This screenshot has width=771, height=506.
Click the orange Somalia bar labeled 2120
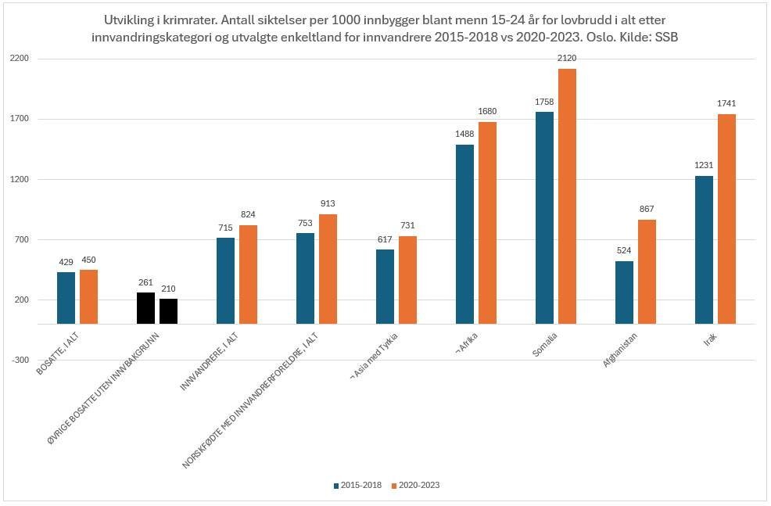coord(567,196)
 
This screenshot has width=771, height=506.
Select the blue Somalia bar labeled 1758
coord(544,217)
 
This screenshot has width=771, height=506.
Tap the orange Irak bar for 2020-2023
coord(726,219)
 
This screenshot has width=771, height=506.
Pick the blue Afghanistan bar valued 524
coord(624,292)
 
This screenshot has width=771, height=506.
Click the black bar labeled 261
coord(145,308)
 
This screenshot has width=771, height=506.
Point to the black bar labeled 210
coord(168,311)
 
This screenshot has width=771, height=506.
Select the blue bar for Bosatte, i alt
coord(66,298)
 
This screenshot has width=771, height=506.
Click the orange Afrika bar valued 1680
coord(487,223)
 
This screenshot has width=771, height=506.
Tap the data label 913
coord(327,204)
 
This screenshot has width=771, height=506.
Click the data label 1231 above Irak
coord(704,166)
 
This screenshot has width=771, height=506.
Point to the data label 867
coord(646,210)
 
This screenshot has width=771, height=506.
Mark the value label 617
coord(385,239)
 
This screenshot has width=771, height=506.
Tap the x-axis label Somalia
coord(545,346)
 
